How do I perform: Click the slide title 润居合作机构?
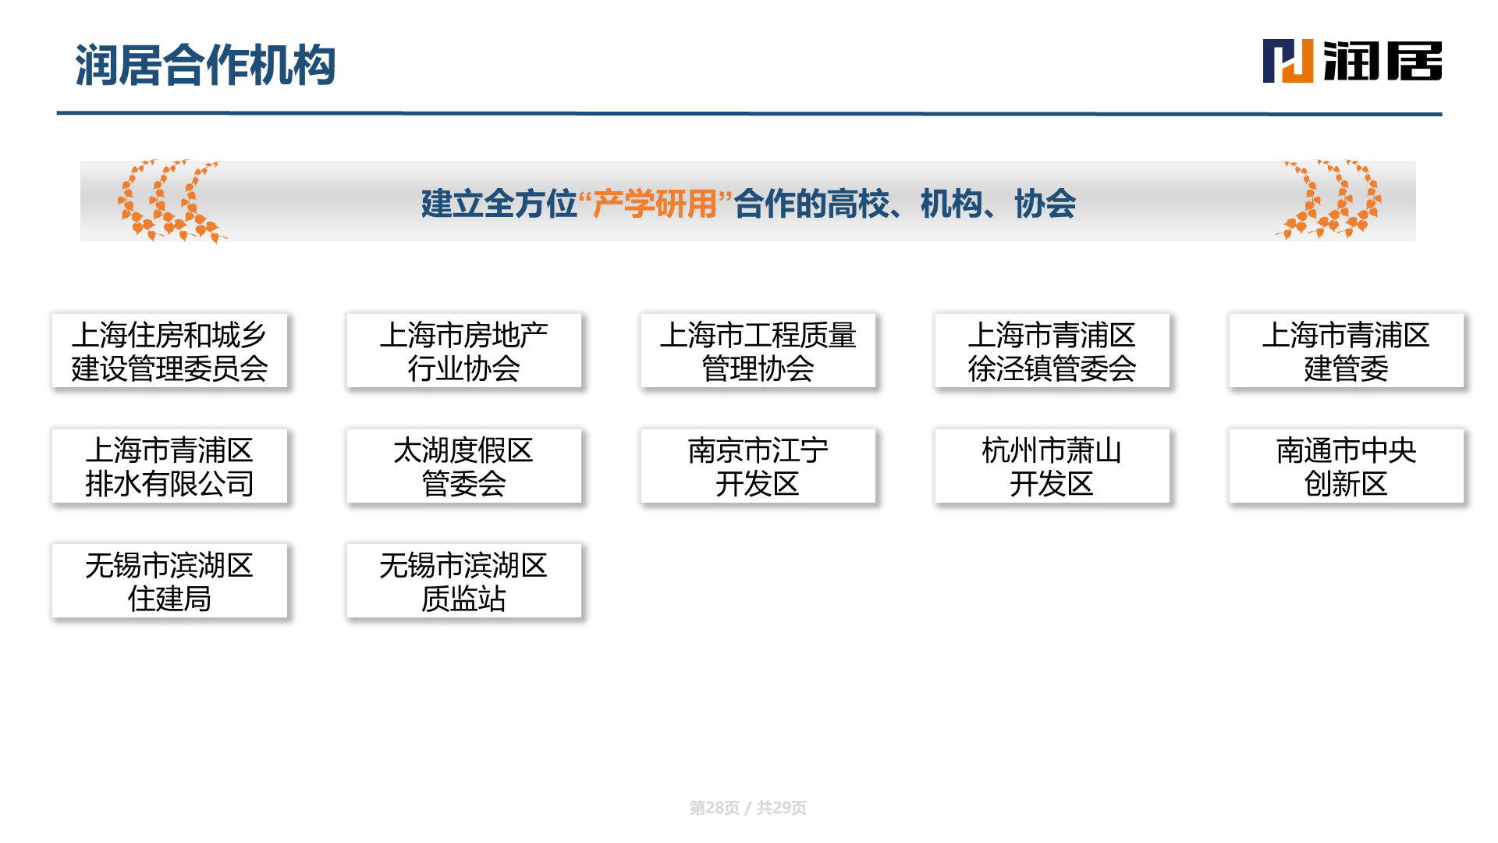tap(205, 65)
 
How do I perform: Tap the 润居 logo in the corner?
tap(1352, 61)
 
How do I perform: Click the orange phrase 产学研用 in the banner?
tap(655, 204)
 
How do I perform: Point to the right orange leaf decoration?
tap(1328, 200)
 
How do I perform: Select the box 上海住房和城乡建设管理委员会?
tap(169, 350)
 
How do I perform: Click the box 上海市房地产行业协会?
tap(463, 350)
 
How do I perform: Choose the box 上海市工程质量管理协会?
tap(758, 350)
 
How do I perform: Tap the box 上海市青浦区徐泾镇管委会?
tap(1052, 350)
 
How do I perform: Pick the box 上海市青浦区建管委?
tap(1346, 350)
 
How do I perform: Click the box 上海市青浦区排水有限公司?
tap(169, 466)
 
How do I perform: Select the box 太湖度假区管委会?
tap(463, 466)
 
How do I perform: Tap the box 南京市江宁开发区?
tap(758, 466)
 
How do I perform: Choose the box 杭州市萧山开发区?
tap(1052, 466)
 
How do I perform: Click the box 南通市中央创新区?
tap(1346, 466)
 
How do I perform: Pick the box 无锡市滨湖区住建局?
tap(169, 581)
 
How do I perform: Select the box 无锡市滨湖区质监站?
tap(463, 581)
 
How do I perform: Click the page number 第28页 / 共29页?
tap(747, 808)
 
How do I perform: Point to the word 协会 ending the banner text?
tap(1045, 204)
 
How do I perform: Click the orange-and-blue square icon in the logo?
tap(1288, 61)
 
